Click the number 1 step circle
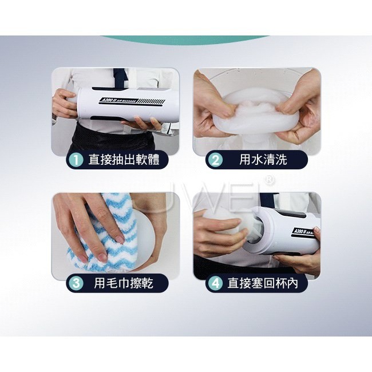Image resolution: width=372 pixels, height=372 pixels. (x=76, y=160)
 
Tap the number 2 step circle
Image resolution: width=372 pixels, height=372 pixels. (x=215, y=160)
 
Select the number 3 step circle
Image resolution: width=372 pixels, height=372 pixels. (x=76, y=283)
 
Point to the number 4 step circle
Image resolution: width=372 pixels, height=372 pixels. (x=215, y=283)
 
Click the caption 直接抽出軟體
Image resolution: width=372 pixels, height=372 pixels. (x=124, y=160)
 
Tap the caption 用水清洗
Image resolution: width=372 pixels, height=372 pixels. (x=263, y=160)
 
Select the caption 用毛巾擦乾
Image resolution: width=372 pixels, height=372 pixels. (x=124, y=283)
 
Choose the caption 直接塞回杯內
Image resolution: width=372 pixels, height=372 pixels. (x=263, y=283)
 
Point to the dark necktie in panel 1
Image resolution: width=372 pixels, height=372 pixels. (x=120, y=77)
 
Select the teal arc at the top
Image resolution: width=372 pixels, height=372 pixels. (x=184, y=40)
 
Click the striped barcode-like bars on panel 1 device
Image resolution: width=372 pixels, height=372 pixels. (x=151, y=102)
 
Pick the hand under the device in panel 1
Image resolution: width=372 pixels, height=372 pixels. (x=140, y=124)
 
